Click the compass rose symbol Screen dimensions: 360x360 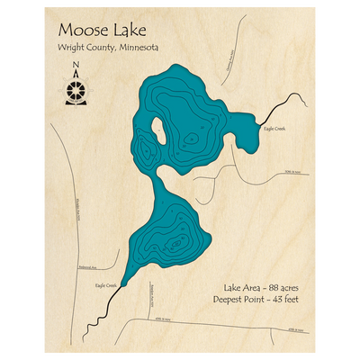(x=76, y=91)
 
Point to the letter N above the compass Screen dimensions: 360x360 (x=76, y=64)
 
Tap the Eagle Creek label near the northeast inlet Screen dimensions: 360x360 (x=274, y=129)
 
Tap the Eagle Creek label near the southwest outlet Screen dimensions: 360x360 (x=105, y=285)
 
